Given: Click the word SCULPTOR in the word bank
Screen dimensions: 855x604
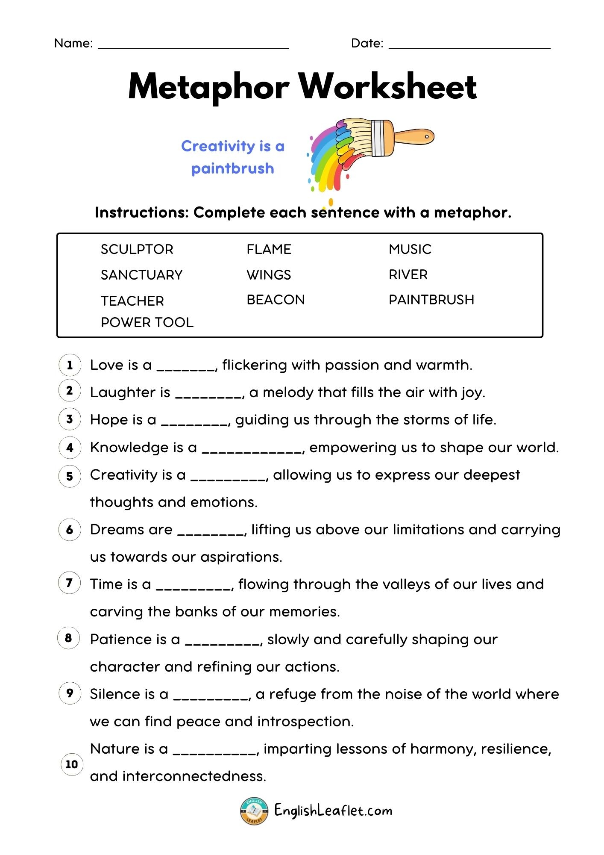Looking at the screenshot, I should pyautogui.click(x=137, y=249).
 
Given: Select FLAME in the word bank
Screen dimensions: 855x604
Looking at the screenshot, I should pyautogui.click(x=269, y=249).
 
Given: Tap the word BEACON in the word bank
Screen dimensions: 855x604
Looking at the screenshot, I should pyautogui.click(x=276, y=300).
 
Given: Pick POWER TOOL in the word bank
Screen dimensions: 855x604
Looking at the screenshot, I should pyautogui.click(x=147, y=322).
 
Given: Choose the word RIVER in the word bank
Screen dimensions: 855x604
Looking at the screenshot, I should pyautogui.click(x=408, y=274).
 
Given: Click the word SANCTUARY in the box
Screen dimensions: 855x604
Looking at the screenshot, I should pyautogui.click(x=141, y=275).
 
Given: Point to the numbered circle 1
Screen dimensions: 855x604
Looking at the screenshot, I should pyautogui.click(x=69, y=365).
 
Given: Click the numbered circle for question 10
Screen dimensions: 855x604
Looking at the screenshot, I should pyautogui.click(x=72, y=764).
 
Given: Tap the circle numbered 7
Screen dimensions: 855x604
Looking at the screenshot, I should pyautogui.click(x=69, y=583).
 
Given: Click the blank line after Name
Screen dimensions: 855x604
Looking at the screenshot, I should pyautogui.click(x=194, y=47).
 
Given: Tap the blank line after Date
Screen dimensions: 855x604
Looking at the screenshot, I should pyautogui.click(x=469, y=47).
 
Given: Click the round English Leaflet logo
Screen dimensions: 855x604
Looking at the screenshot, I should pyautogui.click(x=254, y=811).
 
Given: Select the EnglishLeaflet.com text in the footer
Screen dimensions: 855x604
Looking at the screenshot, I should pyautogui.click(x=333, y=811).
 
